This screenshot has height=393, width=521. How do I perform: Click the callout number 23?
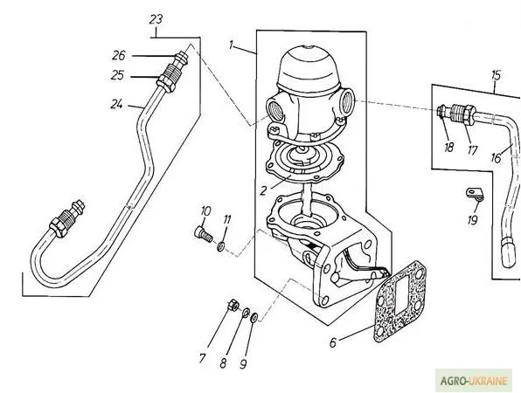(x=156, y=20)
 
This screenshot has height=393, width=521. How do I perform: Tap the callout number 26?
(x=119, y=55)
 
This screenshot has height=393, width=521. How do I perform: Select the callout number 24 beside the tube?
(x=116, y=105)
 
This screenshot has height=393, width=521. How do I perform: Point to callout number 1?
(x=232, y=45)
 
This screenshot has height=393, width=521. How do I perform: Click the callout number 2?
(x=263, y=191)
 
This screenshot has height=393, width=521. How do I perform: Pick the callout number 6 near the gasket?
(x=333, y=342)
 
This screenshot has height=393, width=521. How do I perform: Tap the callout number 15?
(x=496, y=75)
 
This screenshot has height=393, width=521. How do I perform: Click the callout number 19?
(x=473, y=219)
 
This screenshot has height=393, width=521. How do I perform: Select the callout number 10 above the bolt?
(x=205, y=210)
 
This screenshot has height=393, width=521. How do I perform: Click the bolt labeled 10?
(x=204, y=233)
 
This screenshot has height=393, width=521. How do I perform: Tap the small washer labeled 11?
(x=220, y=246)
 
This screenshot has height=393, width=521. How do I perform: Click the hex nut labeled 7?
(x=233, y=305)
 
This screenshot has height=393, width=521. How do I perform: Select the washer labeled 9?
(x=254, y=317)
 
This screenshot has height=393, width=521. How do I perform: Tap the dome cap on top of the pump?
(x=309, y=69)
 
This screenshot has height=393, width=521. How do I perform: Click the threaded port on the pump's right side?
(x=347, y=100)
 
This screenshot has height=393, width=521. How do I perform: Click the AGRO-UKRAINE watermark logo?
(x=474, y=380)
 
